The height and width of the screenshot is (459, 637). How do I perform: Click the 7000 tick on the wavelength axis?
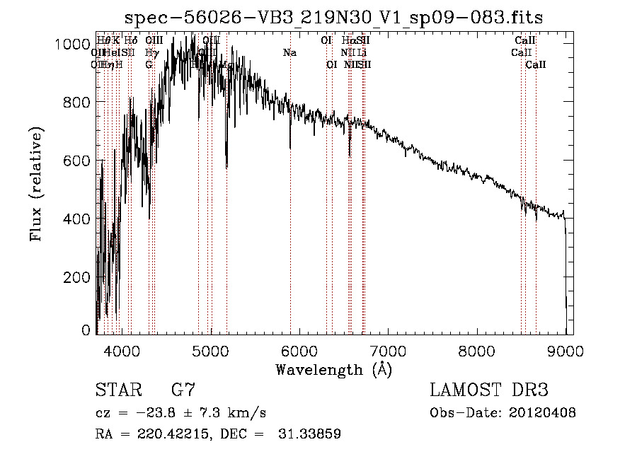387,349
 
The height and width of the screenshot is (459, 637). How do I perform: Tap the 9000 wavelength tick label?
565,349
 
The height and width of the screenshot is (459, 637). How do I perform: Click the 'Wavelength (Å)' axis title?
333,369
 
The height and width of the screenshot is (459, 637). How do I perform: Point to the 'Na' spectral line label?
289,53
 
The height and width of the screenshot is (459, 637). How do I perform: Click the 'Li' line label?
362,53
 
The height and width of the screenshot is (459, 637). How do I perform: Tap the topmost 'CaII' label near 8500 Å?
525,41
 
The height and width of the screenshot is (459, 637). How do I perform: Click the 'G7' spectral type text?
183,390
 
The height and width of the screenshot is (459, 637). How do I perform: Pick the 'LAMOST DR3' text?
489,390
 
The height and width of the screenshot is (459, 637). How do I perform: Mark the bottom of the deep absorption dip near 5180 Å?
226,167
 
